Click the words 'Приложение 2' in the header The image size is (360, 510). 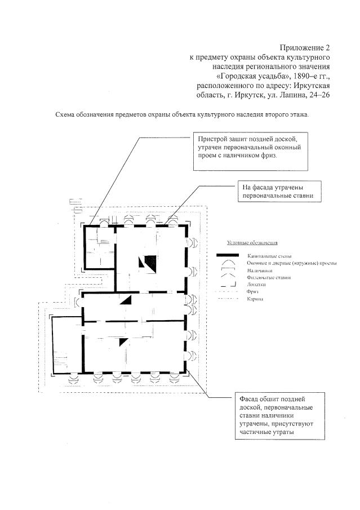304,47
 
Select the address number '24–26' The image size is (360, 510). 317,95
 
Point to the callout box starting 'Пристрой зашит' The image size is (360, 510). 251,152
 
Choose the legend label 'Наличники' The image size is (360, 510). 258,270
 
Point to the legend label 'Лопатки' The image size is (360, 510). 256,285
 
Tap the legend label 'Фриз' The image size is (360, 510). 252,292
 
